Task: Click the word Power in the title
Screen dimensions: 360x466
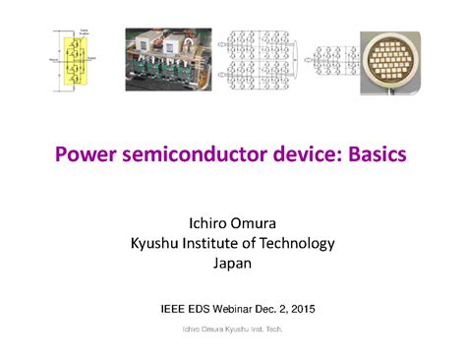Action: coord(83,155)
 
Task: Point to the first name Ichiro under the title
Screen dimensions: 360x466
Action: coord(208,221)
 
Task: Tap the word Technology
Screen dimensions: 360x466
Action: coord(292,242)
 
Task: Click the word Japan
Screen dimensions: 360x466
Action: coord(232,263)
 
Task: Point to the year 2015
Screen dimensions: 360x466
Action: coord(316,308)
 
